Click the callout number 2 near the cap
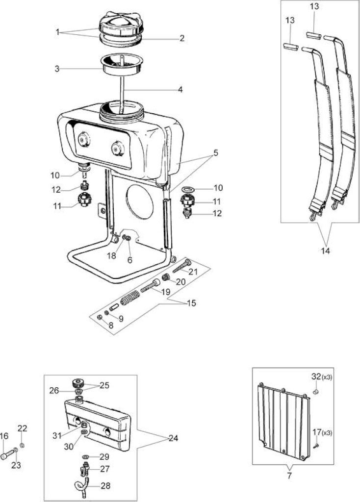182,38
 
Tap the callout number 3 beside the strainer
57,69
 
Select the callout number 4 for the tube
180,90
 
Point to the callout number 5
215,153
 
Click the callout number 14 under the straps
325,251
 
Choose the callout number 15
191,303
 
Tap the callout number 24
173,438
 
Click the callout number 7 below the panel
289,476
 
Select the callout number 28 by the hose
105,486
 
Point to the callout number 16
4,436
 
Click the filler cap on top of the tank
119,25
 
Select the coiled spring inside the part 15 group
130,298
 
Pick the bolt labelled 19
150,285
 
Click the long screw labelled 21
181,266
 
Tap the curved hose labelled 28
81,485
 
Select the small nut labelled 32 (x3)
315,392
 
